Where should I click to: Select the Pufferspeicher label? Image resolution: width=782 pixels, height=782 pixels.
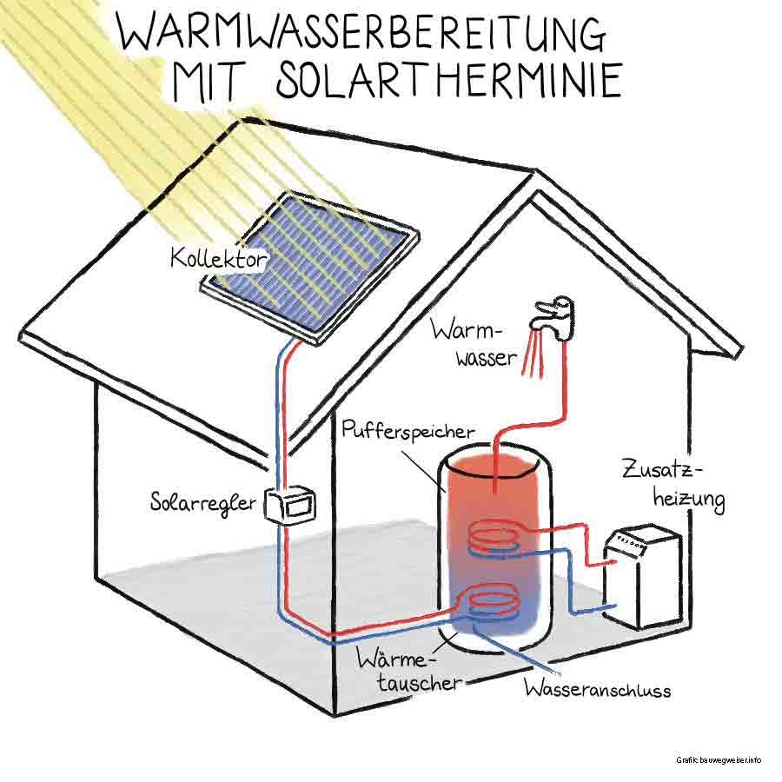tap(408, 430)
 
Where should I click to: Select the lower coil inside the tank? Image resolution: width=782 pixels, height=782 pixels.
tap(492, 600)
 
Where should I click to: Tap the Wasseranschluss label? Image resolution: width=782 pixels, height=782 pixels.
tap(596, 691)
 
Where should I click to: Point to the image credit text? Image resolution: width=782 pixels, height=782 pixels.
tap(719, 760)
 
